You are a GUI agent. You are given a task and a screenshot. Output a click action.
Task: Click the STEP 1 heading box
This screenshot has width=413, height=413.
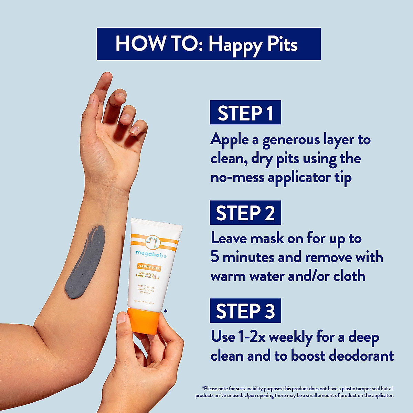tap(245, 113)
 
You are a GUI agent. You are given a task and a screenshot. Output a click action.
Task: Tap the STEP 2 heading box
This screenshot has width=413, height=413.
tap(245, 213)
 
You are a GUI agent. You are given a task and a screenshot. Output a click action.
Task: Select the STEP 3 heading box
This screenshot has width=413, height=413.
tap(245, 311)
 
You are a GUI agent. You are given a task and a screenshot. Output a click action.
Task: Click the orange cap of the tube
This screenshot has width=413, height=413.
tap(144, 321)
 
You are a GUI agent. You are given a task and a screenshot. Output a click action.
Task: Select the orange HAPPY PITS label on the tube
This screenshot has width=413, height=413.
tap(149, 266)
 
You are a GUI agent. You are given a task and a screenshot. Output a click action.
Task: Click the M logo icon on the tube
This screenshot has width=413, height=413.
tap(151, 242)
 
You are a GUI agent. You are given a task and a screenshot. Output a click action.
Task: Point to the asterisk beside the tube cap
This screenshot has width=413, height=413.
tap(166, 311)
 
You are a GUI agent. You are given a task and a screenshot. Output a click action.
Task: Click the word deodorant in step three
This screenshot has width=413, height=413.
tap(361, 356)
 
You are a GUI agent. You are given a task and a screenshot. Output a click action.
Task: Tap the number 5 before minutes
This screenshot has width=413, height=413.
tap(215, 257)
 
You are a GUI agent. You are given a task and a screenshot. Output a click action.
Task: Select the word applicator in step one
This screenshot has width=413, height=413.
tap(299, 178)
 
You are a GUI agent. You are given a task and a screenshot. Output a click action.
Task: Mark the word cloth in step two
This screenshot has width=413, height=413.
tap(349, 276)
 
